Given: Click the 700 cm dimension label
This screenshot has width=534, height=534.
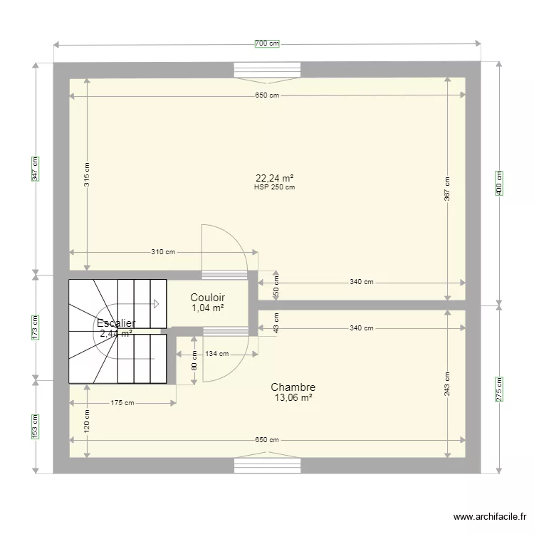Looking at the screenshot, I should pos(267,44).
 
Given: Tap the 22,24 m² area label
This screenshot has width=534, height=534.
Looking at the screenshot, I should pos(275,179).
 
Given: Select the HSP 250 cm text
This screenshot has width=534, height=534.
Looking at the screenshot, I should pos(275,188).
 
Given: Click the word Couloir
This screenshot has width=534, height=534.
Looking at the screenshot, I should pos(208,298).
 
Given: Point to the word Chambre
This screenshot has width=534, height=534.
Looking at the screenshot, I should pos(293,387).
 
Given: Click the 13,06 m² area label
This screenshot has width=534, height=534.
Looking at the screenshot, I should pos(293,398).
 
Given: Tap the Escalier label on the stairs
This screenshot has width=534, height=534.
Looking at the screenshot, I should pos(116,323).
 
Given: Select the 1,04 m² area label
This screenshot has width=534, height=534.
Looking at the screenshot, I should pos(208,308).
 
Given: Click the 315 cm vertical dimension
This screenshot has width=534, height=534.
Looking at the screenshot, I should pos(87,181).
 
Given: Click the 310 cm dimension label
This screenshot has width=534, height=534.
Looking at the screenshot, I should pos(162,252).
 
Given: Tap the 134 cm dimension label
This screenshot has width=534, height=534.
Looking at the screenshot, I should pos(217,354).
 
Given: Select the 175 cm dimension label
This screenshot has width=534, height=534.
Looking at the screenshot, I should pos(122,403).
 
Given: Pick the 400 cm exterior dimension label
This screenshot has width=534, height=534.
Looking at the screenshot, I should pos(499,182).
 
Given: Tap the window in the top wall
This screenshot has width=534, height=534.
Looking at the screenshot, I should pos(268,70).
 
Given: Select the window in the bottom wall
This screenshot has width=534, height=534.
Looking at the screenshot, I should pos(268,466).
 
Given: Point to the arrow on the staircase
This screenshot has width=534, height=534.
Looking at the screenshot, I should pos(156,304).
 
